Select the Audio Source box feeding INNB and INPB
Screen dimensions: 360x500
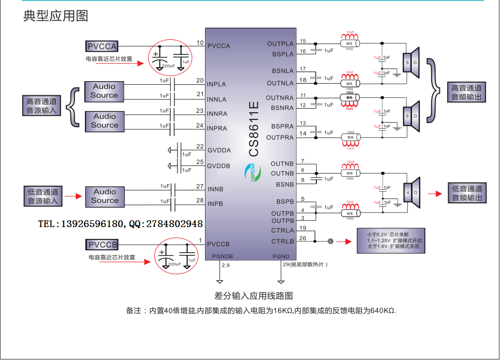coord(105,196)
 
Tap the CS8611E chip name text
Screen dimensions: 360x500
coord(254,129)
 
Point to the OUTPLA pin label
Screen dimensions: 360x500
coord(280,44)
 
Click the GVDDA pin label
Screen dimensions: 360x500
coord(219,151)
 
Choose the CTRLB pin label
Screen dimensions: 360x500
coord(283,242)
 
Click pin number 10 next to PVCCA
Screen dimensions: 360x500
coord(200,42)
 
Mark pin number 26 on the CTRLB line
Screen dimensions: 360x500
coord(303,238)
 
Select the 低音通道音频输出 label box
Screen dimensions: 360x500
coord(467,193)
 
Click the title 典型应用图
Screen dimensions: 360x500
coord(56,16)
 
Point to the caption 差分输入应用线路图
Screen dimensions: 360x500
coord(254,296)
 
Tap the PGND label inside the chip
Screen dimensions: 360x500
coord(281,257)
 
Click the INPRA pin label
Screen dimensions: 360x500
coord(217,128)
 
